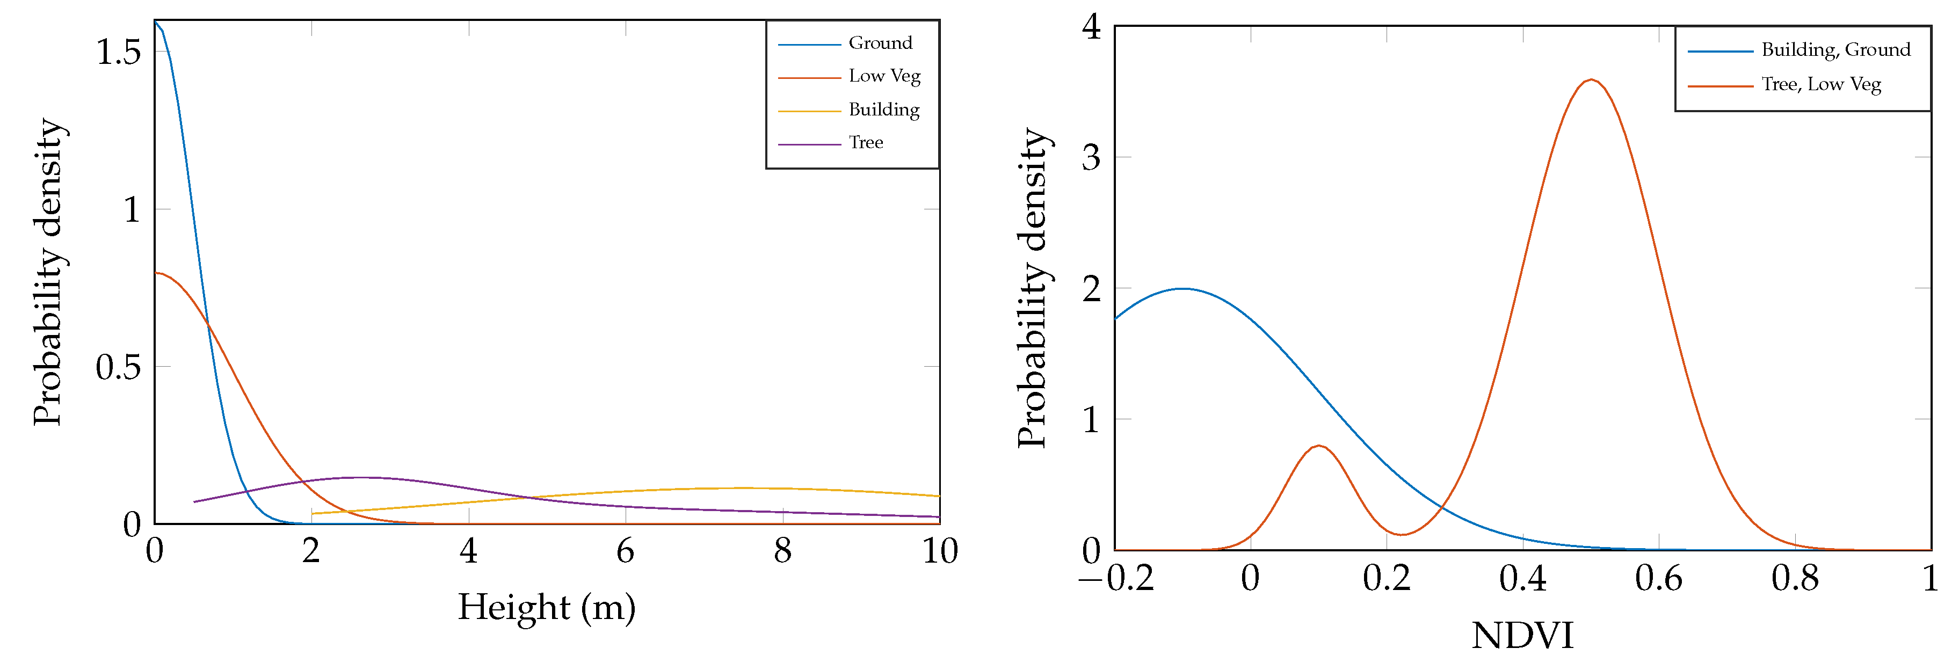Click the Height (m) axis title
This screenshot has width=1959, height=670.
546,608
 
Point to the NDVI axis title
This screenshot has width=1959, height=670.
1522,636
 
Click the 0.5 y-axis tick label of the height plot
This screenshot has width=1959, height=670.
119,367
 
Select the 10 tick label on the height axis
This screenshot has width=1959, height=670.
940,551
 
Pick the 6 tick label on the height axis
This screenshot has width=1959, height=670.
625,551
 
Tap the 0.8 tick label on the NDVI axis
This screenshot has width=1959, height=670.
1795,579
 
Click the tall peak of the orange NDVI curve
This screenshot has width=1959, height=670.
1591,80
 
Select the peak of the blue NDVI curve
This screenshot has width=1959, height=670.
1182,289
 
